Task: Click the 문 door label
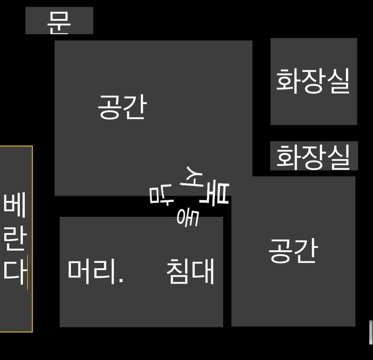point(59,23)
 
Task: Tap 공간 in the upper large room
point(122,106)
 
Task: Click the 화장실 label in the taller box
point(313,81)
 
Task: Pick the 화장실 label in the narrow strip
point(313,157)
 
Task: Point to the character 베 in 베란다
point(14,205)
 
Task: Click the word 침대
point(190,271)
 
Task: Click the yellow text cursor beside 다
point(27,273)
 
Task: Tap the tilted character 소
point(192,177)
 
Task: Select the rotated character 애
point(188,218)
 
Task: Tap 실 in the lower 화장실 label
point(339,157)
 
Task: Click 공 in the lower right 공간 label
point(280,251)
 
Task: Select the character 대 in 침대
point(203,271)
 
